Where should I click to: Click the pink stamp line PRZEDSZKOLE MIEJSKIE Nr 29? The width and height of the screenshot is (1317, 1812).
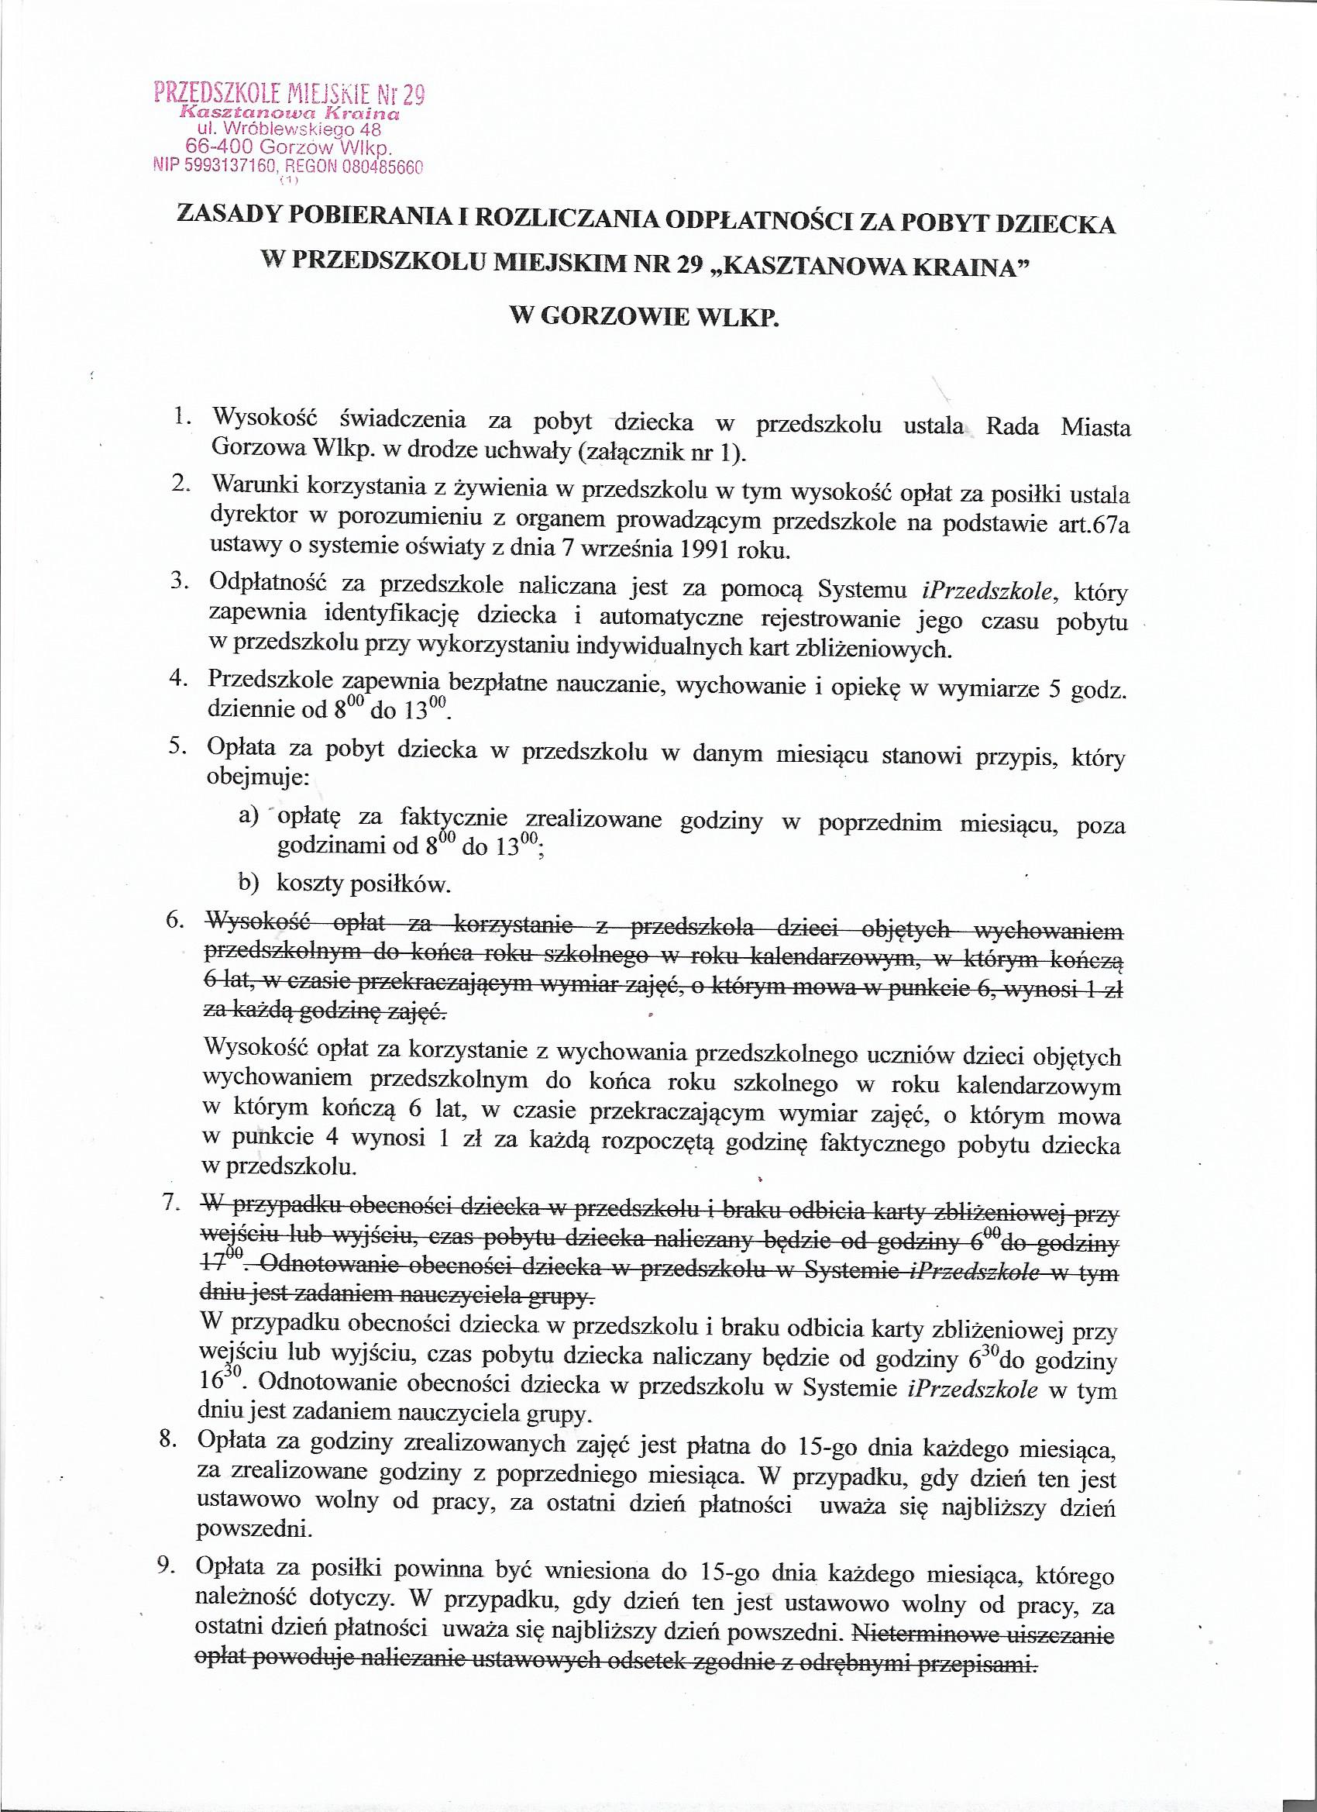click(288, 95)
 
